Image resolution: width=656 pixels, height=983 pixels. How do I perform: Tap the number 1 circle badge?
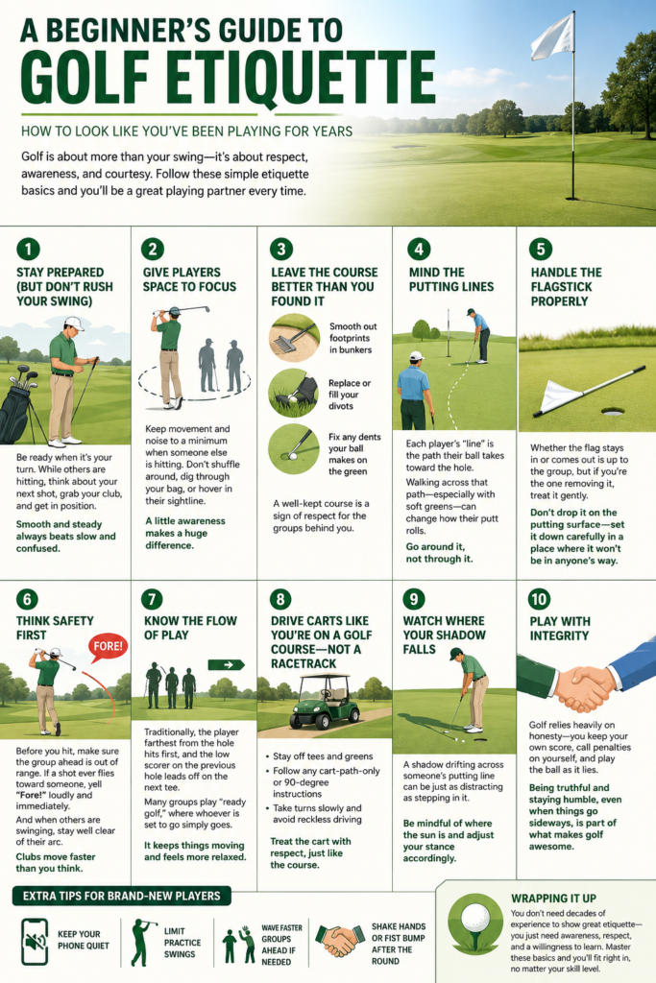pos(28,249)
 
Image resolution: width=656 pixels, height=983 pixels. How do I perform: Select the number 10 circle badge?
pos(540,599)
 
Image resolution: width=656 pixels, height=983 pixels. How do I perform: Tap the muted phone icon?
pos(35,942)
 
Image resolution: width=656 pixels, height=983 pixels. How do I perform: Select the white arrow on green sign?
pos(226,664)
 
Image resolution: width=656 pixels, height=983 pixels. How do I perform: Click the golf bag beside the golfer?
pos(17,404)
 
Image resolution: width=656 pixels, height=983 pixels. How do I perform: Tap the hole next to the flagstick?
pos(613,412)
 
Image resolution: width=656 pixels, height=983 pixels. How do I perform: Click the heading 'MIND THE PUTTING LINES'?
pos(450,279)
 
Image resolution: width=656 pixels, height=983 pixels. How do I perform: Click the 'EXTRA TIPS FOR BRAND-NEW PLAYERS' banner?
pos(122,896)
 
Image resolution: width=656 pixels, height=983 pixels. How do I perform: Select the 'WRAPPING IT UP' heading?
pos(553,899)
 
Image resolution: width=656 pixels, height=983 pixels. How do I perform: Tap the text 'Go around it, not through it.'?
pos(439,552)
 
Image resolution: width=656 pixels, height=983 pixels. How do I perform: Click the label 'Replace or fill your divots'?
pos(350,395)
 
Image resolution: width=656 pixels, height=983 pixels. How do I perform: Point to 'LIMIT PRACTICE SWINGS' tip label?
pos(182,943)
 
